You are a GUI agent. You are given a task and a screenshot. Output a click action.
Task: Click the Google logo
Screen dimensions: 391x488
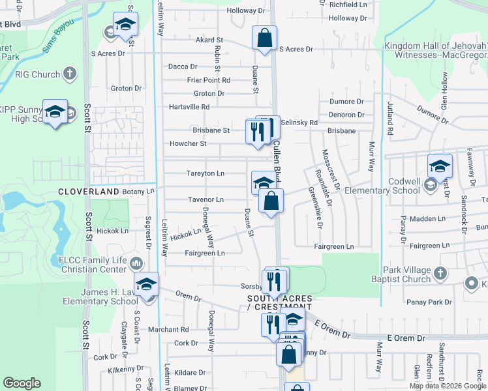(x=22, y=383)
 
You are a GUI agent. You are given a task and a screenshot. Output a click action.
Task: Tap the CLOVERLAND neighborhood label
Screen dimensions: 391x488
(x=88, y=192)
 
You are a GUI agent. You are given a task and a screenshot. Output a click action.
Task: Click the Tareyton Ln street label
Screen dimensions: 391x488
(x=206, y=173)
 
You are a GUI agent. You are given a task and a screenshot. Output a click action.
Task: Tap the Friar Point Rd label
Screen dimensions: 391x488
(x=208, y=80)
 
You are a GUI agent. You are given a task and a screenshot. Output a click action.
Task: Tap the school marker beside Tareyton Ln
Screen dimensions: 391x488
(x=262, y=182)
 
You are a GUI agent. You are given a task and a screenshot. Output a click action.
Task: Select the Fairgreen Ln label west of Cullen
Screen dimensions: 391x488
(x=205, y=253)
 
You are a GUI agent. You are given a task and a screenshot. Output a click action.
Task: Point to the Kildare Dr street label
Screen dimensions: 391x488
(x=190, y=373)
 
